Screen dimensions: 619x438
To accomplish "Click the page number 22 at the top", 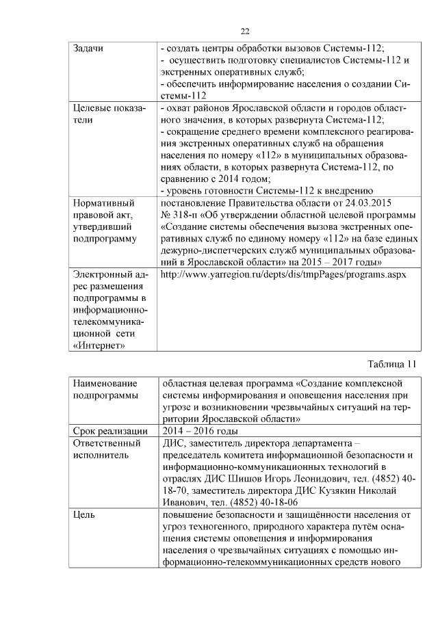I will [x=245, y=30].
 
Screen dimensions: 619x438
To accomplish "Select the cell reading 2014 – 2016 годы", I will [x=199, y=430].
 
